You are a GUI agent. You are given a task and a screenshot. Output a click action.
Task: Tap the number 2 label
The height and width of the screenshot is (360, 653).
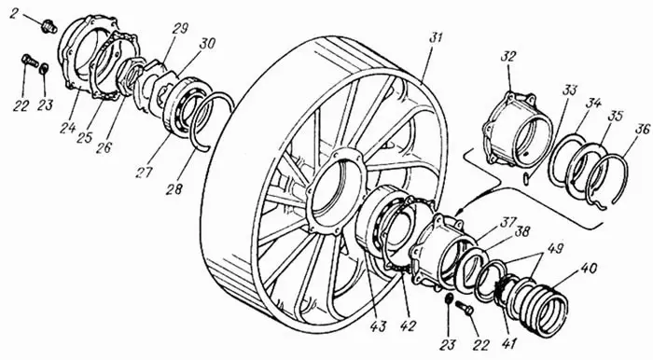point(14,14)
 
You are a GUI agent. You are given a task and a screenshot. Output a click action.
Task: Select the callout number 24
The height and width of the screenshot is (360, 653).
point(67,128)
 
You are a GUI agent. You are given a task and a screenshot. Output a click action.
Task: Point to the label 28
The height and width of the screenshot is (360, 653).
point(174,189)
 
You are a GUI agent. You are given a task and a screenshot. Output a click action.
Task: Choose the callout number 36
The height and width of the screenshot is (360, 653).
point(643,129)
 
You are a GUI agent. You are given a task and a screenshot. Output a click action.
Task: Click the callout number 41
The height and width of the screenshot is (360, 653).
point(509,344)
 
